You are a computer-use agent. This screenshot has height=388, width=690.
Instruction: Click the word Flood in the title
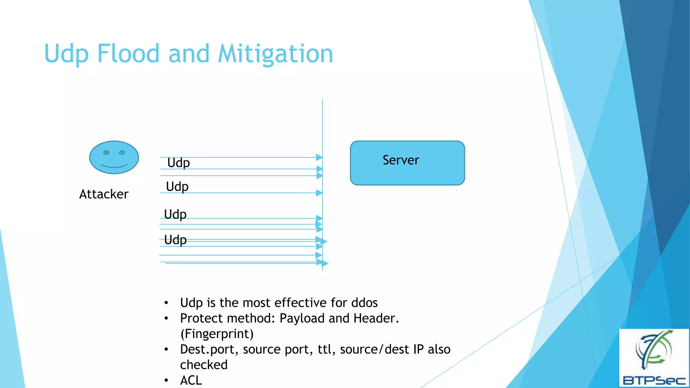[x=128, y=54]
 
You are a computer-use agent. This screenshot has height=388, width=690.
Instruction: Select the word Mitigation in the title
[x=275, y=54]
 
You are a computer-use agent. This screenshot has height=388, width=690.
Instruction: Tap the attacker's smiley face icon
[x=114, y=157]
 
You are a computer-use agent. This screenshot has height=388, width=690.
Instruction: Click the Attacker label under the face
[x=104, y=194]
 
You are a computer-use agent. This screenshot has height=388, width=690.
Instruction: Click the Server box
[x=407, y=163]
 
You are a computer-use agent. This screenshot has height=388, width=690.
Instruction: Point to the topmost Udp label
[x=179, y=163]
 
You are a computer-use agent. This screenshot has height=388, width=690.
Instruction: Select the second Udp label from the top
[x=177, y=187]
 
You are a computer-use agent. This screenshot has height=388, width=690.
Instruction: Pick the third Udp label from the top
[x=175, y=215]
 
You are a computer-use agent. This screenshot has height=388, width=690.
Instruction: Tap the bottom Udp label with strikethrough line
[x=175, y=240]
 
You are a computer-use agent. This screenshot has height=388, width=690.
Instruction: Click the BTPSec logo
[x=654, y=358]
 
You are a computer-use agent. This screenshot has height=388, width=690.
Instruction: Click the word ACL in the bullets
[x=191, y=380]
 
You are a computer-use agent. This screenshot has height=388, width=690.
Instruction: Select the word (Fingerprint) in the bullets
[x=217, y=334]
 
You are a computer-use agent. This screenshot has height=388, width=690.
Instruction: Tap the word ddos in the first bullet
[x=364, y=303]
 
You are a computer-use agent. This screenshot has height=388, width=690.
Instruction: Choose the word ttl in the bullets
[x=325, y=350]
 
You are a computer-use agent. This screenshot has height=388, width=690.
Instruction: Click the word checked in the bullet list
[x=204, y=365]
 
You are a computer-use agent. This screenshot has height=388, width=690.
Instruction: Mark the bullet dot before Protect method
[x=166, y=319]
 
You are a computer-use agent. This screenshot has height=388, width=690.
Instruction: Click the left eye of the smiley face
[x=106, y=153]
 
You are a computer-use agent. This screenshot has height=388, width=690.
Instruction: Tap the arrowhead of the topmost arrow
[x=319, y=157]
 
